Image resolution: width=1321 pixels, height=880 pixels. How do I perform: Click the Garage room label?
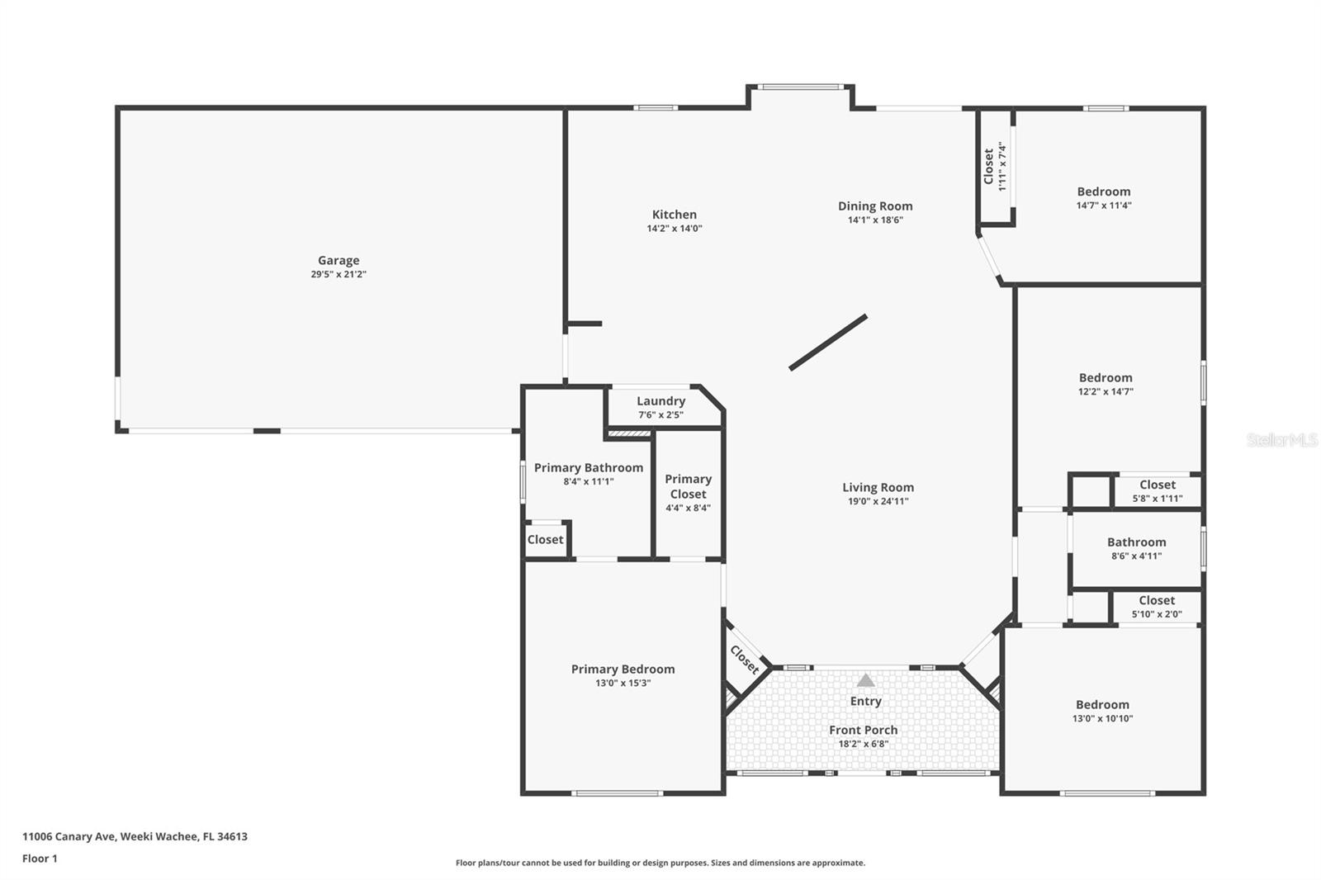339,261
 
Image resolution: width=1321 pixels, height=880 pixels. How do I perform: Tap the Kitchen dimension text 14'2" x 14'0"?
675,229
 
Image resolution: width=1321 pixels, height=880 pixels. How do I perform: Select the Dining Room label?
875,206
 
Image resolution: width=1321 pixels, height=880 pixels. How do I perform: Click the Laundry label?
660,401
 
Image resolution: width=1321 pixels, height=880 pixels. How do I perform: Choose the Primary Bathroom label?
588,468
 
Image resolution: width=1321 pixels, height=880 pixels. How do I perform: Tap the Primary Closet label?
688,486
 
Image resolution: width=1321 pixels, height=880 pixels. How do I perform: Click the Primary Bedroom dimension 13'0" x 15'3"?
623,684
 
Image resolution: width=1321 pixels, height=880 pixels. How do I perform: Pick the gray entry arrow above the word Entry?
865,680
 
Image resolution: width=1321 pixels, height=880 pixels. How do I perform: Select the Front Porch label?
863,730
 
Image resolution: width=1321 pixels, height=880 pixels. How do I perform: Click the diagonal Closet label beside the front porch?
744,660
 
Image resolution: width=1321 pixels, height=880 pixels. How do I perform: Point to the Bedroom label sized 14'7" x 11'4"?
1103,192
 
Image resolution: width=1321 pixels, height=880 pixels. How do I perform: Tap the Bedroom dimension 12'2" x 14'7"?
1105,392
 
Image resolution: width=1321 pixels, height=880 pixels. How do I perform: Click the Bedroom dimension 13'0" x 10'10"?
1102,719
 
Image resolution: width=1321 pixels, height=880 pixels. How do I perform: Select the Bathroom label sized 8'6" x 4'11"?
1136,542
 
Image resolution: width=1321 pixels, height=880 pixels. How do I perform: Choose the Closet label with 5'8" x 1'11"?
1157,485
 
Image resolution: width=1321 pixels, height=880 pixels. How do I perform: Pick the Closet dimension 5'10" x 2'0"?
1156,614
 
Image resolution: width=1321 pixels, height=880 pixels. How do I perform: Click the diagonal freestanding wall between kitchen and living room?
827,342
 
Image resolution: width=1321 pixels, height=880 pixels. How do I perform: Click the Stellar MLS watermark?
1281,440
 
